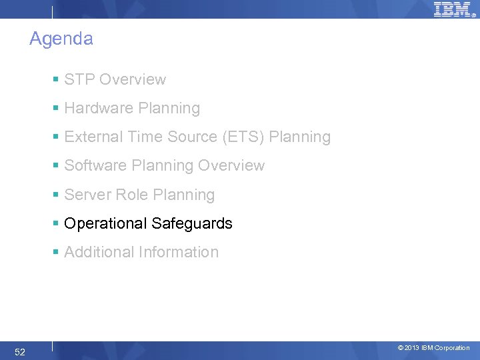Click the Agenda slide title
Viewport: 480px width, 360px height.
click(61, 39)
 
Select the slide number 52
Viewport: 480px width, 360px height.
click(20, 352)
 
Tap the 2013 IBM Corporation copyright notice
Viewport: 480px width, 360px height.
click(433, 348)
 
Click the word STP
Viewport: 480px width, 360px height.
click(78, 80)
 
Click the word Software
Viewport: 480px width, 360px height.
click(93, 166)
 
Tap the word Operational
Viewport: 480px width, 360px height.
click(105, 224)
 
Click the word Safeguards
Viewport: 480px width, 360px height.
click(192, 224)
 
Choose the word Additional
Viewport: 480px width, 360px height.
click(99, 253)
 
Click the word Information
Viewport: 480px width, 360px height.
click(179, 253)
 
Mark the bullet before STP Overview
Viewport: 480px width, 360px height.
click(57, 80)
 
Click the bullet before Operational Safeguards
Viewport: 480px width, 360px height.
click(57, 224)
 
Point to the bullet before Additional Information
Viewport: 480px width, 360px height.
click(57, 253)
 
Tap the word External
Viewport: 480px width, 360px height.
click(91, 137)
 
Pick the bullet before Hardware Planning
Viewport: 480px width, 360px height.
click(57, 109)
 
